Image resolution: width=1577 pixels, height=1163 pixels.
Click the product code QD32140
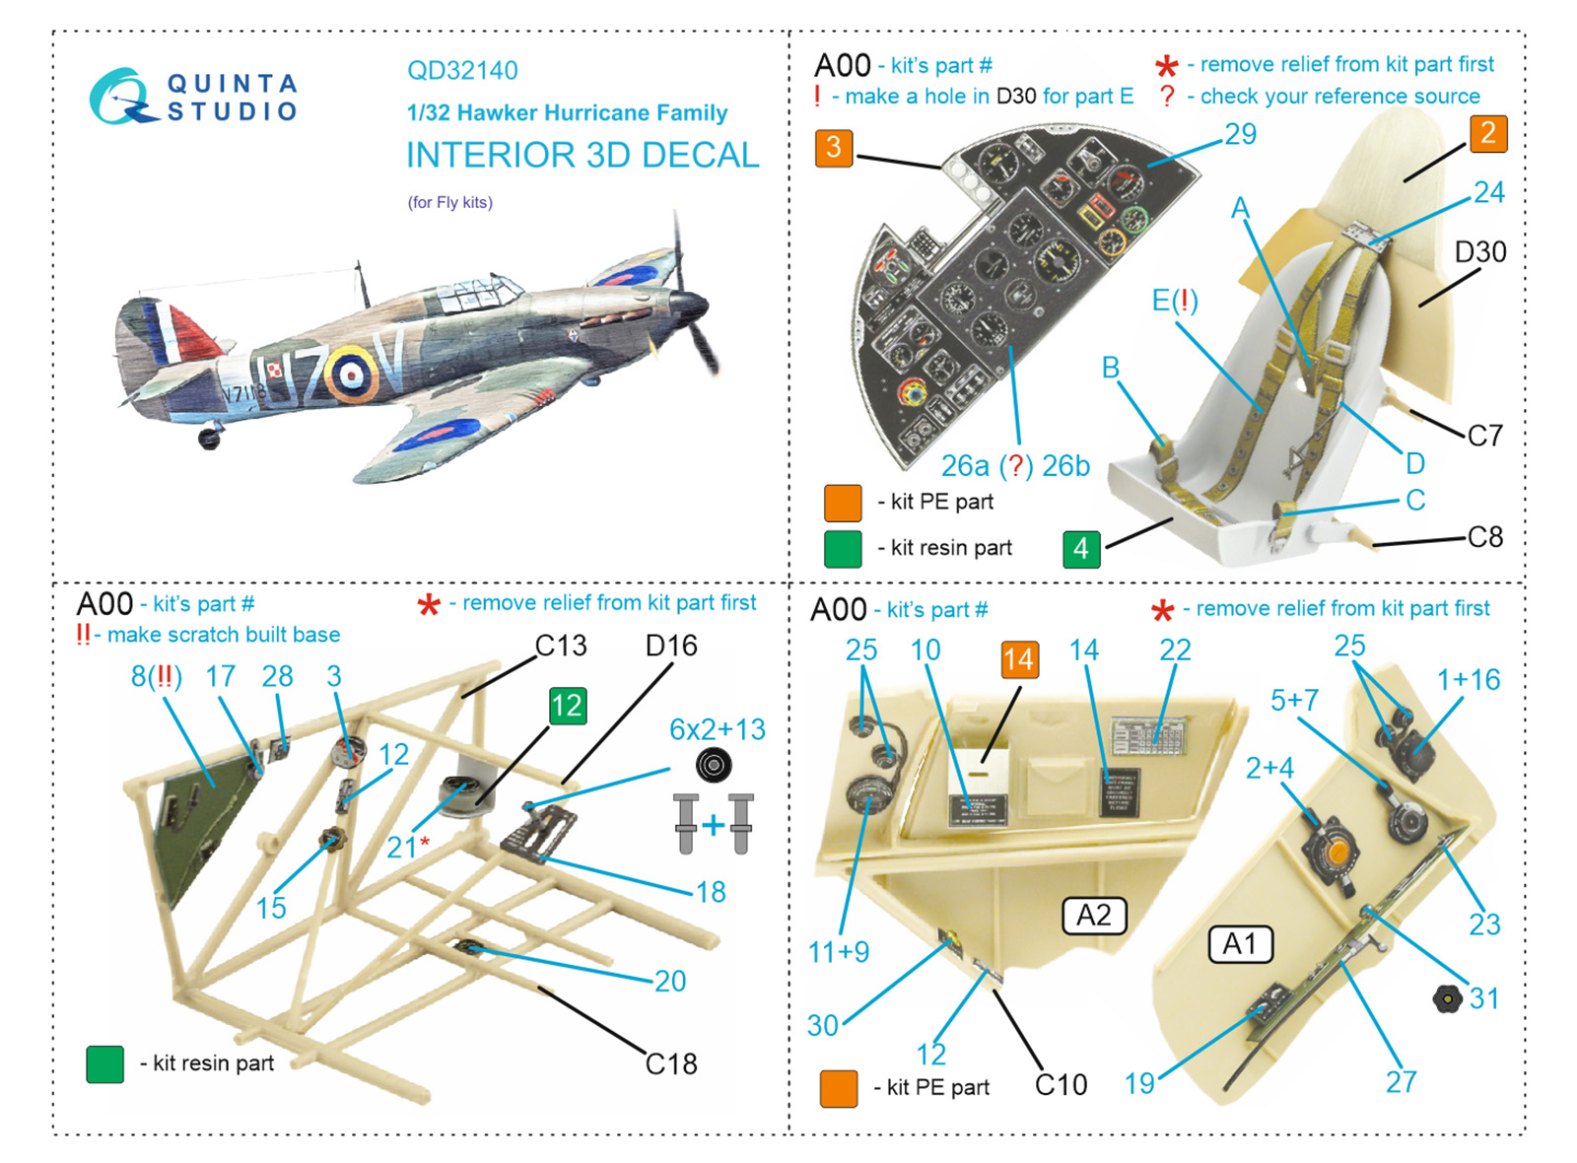tap(462, 71)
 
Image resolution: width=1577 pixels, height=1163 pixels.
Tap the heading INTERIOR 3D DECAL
tap(583, 156)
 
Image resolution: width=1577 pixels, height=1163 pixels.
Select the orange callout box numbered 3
tap(834, 148)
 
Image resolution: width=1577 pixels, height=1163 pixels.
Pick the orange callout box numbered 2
tap(1488, 133)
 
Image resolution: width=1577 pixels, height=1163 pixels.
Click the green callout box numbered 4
tap(1081, 548)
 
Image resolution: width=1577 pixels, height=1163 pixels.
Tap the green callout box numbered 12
tap(567, 706)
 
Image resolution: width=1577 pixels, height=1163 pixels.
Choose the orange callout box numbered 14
tap(1019, 659)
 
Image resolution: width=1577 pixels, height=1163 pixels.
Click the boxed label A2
tap(1093, 916)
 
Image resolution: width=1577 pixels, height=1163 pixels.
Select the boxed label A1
tap(1240, 944)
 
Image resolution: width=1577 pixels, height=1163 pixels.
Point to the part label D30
tap(1480, 252)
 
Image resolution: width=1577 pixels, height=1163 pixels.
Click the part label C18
tap(671, 1064)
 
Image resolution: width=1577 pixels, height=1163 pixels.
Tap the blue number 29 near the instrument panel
tap(1240, 134)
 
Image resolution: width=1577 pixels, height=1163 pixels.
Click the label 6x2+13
tap(717, 729)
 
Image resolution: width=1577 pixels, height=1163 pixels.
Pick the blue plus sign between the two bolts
tap(714, 825)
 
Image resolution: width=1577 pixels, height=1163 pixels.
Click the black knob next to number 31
tap(1447, 999)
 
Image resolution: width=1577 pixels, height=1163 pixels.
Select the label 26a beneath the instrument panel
tap(965, 466)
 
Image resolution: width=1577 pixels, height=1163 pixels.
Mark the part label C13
tap(561, 646)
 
